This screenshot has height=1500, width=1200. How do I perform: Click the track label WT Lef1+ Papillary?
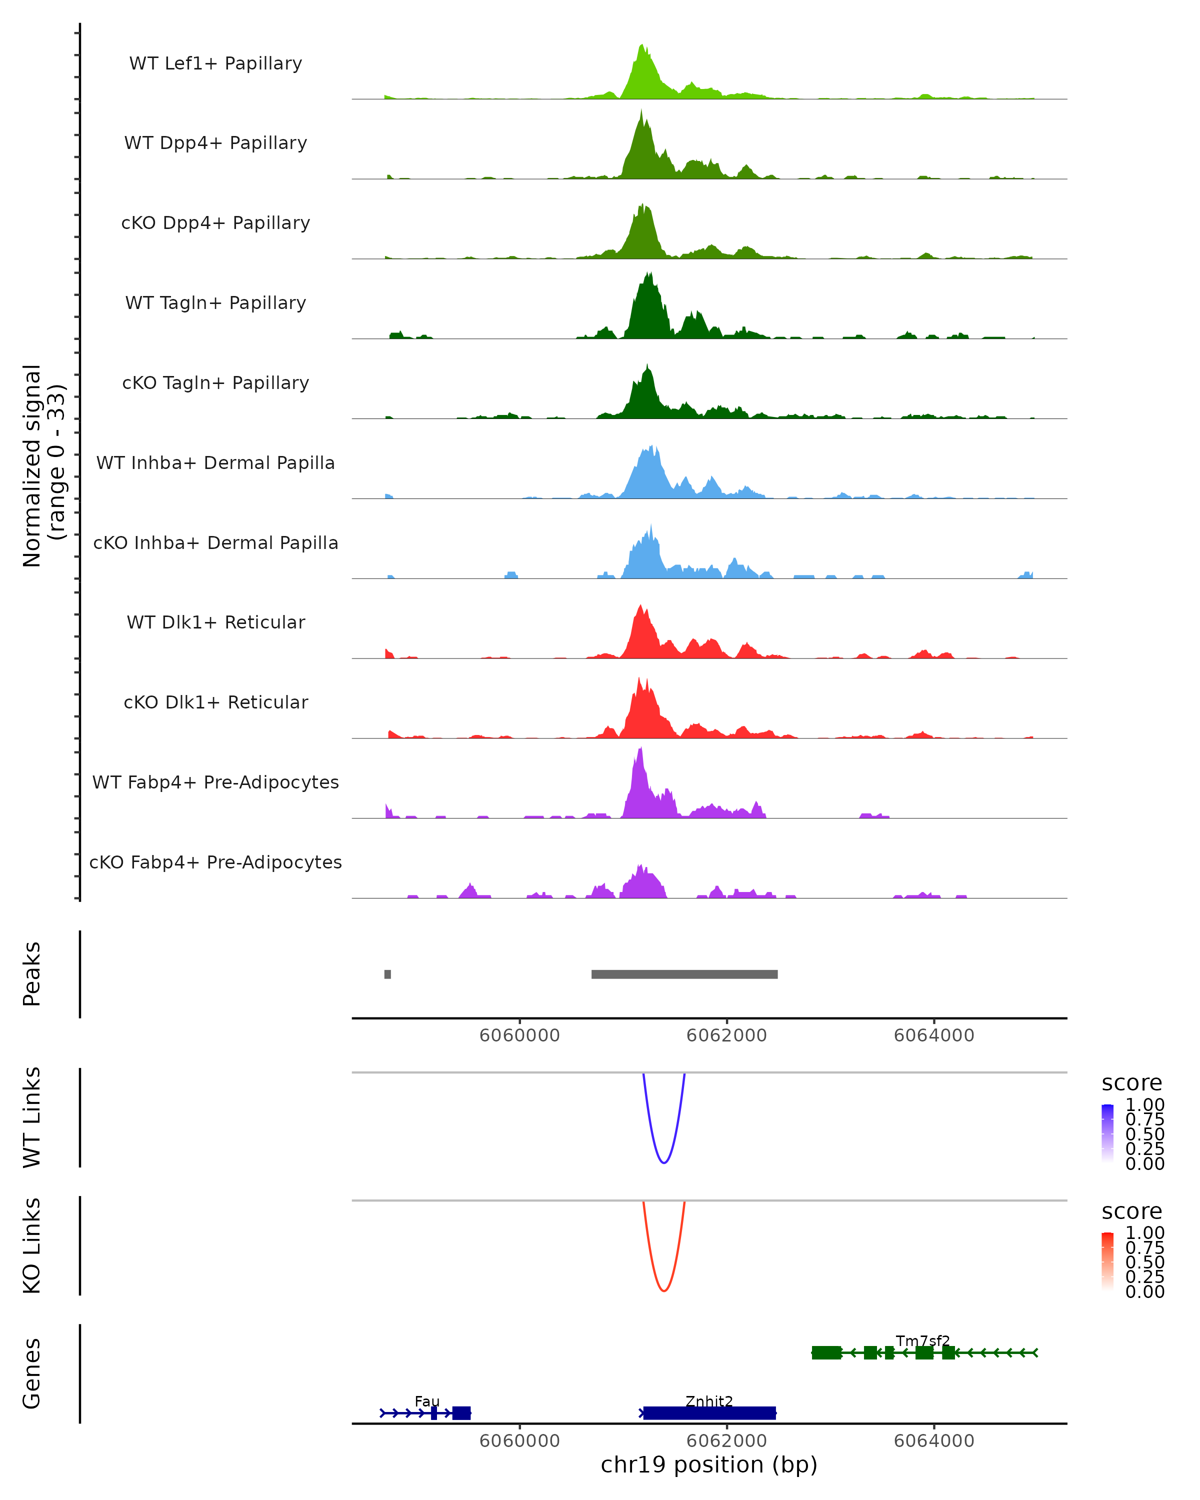click(215, 63)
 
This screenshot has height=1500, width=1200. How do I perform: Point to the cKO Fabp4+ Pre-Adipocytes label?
click(215, 862)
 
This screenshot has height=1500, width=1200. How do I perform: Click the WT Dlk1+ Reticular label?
click(215, 622)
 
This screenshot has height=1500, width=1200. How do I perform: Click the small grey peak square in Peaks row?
click(387, 974)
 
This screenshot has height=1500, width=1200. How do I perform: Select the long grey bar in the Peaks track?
click(684, 974)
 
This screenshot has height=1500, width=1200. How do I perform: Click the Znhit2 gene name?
click(709, 1401)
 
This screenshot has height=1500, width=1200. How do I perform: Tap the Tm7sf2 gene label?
click(922, 1340)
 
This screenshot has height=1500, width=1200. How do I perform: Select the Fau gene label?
click(427, 1401)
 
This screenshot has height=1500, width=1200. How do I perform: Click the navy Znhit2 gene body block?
click(709, 1413)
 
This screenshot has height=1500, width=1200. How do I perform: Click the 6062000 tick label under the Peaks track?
click(726, 1035)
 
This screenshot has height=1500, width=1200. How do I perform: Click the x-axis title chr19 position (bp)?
click(709, 1465)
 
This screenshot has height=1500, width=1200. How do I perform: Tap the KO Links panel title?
click(32, 1245)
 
